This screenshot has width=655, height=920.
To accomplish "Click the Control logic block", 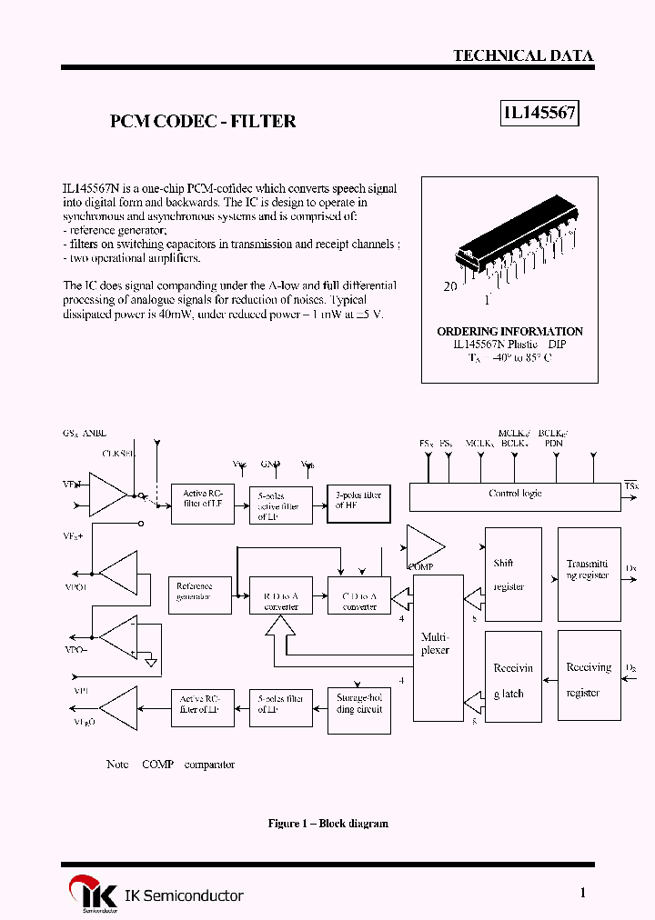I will click(515, 496).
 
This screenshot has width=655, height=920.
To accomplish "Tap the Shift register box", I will click(512, 575).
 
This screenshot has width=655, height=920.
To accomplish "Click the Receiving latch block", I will click(512, 680).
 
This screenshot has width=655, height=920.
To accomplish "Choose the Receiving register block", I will click(588, 679).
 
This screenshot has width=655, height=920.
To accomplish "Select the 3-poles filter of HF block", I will click(358, 503).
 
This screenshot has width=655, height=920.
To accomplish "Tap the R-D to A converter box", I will click(280, 595).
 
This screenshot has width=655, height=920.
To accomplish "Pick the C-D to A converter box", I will click(358, 595).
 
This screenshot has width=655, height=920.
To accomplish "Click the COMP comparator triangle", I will click(423, 545).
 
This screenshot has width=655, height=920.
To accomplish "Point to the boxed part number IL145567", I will click(540, 114).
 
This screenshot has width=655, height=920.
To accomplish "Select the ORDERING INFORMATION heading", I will click(509, 332).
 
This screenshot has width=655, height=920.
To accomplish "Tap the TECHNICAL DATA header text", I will click(523, 55).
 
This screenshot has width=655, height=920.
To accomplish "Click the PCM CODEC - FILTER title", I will click(203, 121).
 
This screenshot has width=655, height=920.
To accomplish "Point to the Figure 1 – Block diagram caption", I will click(327, 824).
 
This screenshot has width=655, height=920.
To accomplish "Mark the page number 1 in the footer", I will click(583, 893).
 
